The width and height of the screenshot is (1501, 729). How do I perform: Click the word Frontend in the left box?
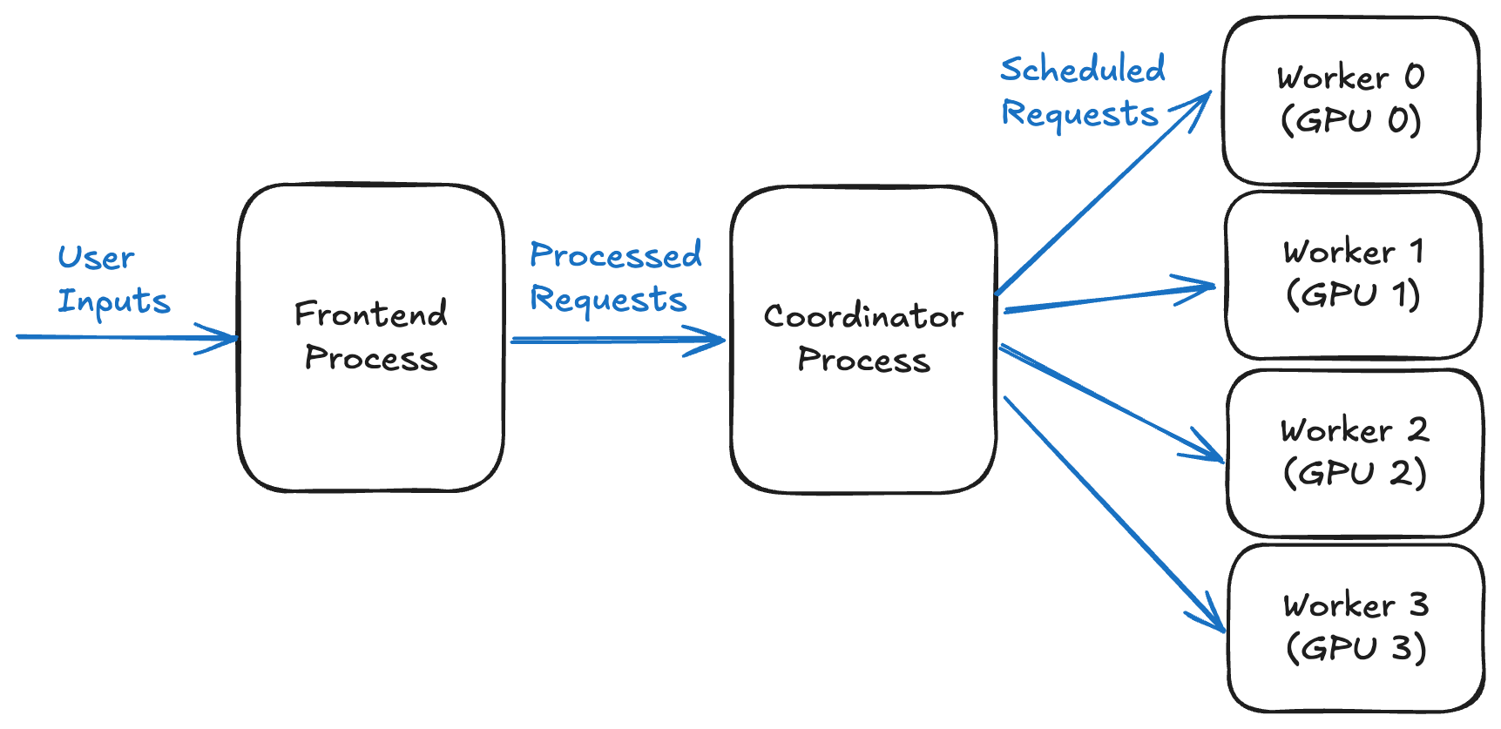coord(371,314)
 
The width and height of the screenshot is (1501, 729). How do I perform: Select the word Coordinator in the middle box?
coord(863,316)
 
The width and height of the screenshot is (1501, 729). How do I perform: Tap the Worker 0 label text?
coord(1350,78)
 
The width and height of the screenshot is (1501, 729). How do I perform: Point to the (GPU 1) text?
coord(1353,294)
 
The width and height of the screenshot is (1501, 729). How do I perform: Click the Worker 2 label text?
coord(1354,430)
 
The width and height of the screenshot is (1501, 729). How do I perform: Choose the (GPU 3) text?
coord(1356,648)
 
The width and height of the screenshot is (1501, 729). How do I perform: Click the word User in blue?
coord(96,258)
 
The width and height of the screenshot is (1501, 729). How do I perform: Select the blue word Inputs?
coord(113,301)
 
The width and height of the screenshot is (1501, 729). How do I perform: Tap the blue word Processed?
coord(615,255)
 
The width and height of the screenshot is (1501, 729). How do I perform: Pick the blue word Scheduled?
coord(1082,70)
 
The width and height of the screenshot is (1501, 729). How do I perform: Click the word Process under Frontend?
coord(371,358)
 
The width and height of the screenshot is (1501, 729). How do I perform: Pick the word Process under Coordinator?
coord(863,360)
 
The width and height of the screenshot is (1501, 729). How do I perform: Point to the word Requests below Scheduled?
coord(1079,113)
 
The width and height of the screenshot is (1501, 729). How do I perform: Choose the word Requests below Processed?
coord(608,299)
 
